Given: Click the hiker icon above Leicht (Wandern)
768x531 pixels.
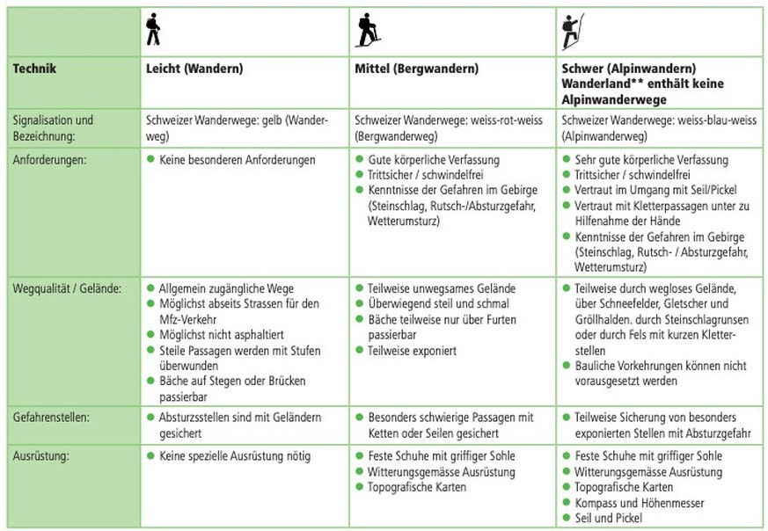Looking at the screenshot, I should [x=153, y=30].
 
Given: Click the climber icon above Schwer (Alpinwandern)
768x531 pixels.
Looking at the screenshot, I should [x=572, y=31].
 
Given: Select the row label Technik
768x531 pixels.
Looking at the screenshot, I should [x=35, y=68].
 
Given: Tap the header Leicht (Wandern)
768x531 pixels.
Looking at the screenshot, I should [x=194, y=68].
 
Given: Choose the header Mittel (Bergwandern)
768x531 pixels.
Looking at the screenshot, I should [x=416, y=68].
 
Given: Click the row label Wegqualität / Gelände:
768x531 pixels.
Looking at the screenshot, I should [x=67, y=287].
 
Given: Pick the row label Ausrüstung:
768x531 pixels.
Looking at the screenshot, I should [x=42, y=455].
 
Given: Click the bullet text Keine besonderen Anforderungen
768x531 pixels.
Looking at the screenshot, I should [x=237, y=160].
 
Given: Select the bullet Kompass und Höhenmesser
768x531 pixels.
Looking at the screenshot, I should [x=640, y=502].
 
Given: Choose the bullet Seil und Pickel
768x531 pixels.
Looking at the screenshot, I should [x=609, y=517].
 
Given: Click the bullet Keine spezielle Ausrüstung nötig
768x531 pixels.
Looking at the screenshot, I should [x=235, y=455].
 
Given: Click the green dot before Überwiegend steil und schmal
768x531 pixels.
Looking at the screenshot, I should [x=359, y=304].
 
